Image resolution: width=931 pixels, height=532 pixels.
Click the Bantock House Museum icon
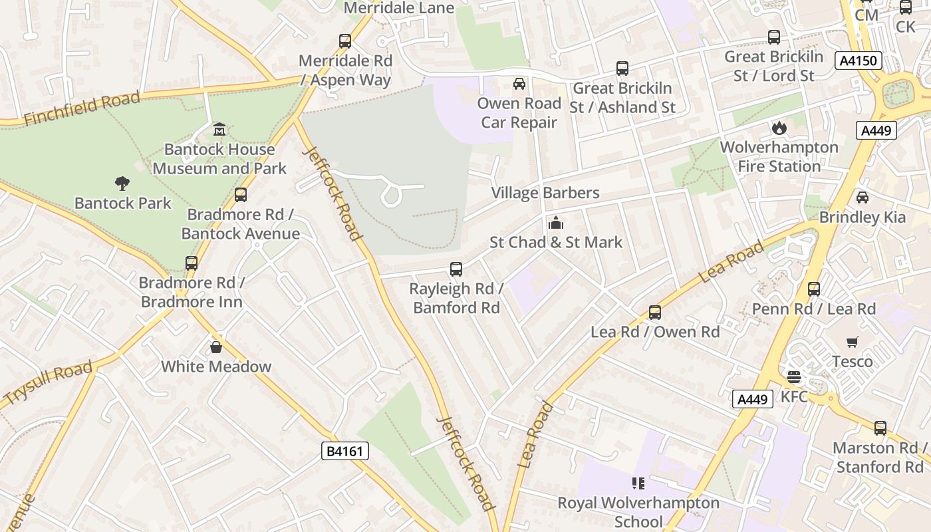tap(219, 128)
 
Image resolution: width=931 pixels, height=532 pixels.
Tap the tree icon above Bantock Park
tap(122, 182)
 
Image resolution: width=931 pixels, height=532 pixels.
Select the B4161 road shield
tap(344, 452)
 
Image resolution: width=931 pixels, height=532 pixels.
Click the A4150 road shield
tap(858, 61)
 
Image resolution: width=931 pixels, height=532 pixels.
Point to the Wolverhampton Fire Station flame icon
tap(779, 127)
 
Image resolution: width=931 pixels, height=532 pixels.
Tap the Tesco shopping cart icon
tap(853, 342)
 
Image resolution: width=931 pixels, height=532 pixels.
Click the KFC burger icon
tap(793, 377)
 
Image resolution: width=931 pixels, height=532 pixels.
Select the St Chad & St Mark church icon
tap(555, 223)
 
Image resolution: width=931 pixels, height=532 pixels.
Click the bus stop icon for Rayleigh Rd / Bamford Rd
tap(456, 269)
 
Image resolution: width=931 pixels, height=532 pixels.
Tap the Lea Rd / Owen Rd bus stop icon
tap(654, 312)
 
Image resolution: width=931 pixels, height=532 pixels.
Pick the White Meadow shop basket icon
tap(216, 346)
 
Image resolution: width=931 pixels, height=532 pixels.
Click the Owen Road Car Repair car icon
tap(519, 84)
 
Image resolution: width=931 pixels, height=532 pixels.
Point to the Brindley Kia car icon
tap(862, 198)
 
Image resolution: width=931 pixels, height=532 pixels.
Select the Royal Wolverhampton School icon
tap(638, 483)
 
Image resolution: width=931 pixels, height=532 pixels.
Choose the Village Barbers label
tap(545, 193)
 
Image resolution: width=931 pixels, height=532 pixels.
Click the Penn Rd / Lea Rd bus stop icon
tap(813, 289)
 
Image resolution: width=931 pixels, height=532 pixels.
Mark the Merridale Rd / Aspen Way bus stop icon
tap(344, 41)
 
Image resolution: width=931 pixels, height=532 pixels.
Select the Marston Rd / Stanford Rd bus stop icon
tap(880, 428)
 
